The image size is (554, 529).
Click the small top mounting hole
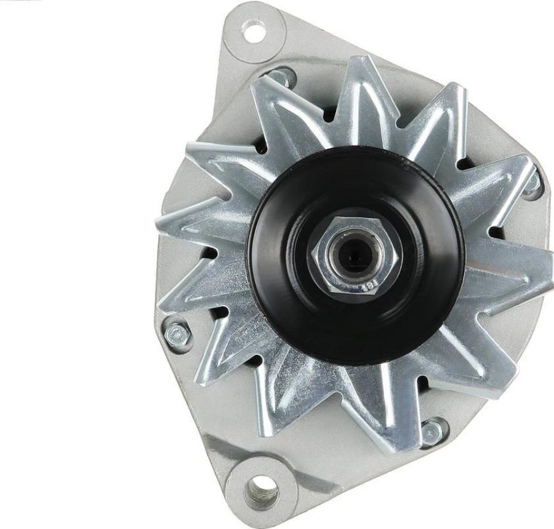point(253,31)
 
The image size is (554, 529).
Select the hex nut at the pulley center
point(355,254)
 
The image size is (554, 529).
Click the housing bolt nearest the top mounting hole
point(283,77)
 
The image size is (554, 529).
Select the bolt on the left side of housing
point(177,334)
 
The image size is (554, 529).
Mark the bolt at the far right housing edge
point(532,185)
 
